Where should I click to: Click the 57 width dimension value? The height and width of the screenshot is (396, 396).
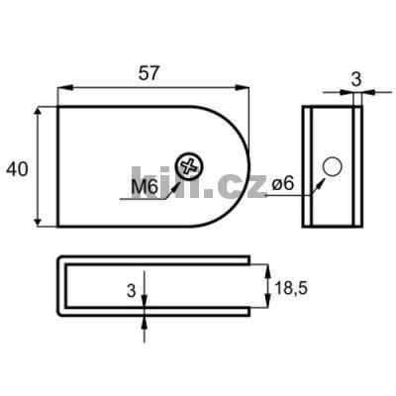pyautogui.click(x=150, y=73)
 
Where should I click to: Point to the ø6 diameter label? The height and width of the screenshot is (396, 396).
pyautogui.click(x=281, y=183)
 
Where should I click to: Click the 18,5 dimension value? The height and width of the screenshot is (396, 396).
pyautogui.click(x=289, y=287)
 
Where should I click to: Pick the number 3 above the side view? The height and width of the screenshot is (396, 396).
pyautogui.click(x=357, y=77)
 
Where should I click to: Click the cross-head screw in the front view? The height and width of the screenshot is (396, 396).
pyautogui.click(x=187, y=166)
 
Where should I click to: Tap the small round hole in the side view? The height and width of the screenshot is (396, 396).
pyautogui.click(x=333, y=165)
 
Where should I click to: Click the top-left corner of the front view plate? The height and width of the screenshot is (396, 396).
pyautogui.click(x=57, y=106)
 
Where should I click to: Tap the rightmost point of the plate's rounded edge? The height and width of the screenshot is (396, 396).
pyautogui.click(x=250, y=166)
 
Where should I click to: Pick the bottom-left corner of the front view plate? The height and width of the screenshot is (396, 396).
pyautogui.click(x=57, y=227)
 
